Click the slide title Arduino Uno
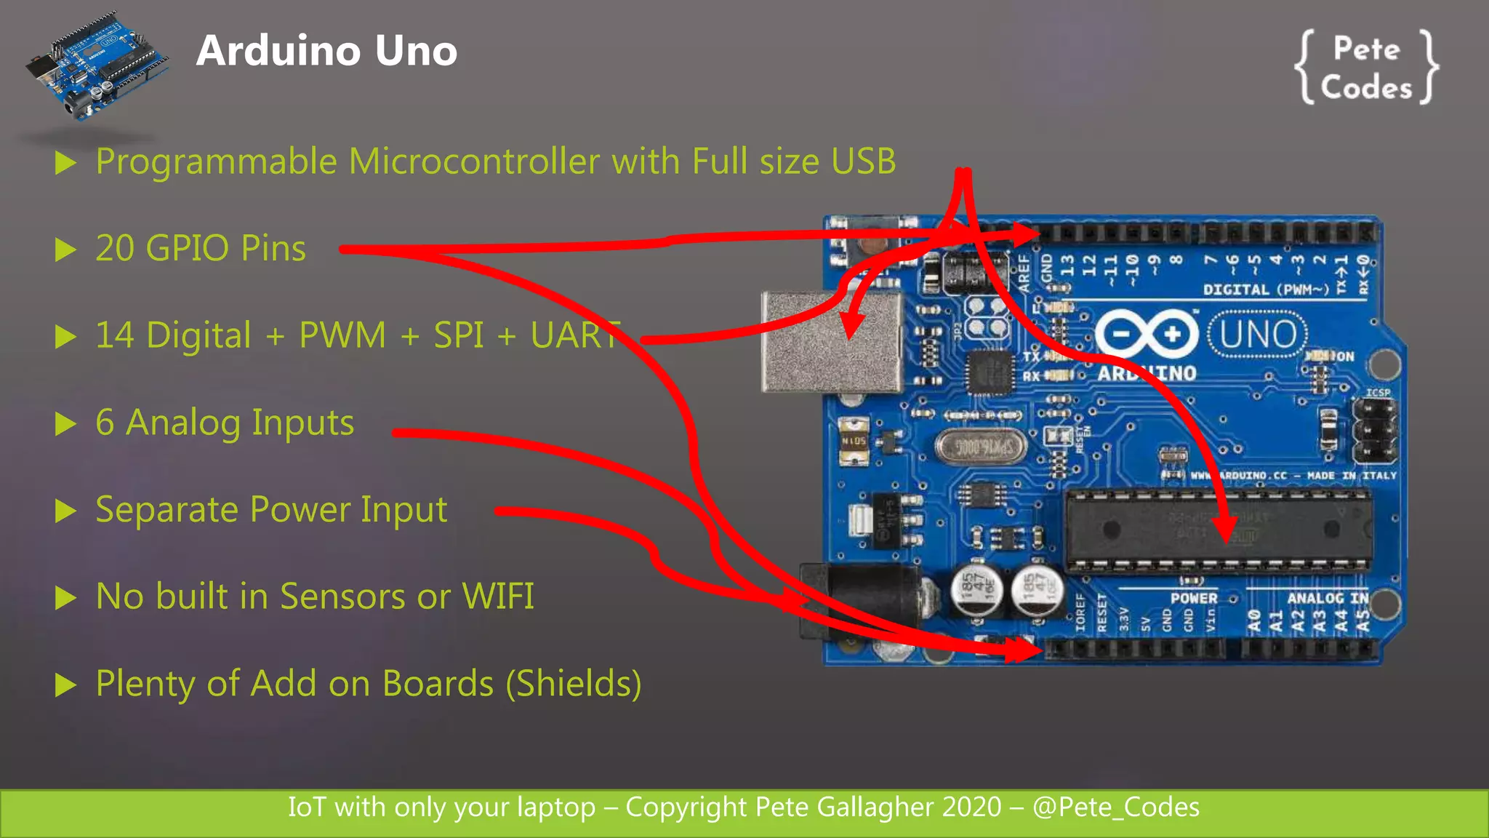point(326,51)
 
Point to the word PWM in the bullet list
point(342,336)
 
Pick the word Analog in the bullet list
point(182,423)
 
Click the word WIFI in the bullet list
point(498,597)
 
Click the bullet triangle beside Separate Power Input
point(66,511)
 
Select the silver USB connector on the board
point(829,342)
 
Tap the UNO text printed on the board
point(1258,335)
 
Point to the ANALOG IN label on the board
point(1327,598)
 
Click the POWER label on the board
point(1193,598)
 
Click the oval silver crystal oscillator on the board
point(981,447)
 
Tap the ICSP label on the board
point(1378,393)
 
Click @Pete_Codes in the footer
point(1116,807)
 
